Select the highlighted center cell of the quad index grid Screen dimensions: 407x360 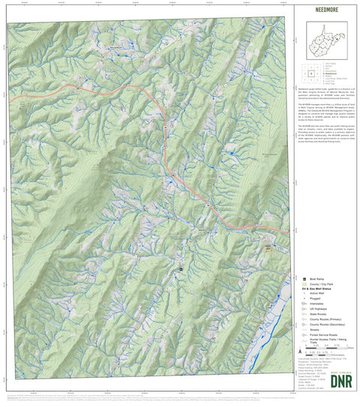(310, 73)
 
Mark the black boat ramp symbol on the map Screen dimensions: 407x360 (181, 268)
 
